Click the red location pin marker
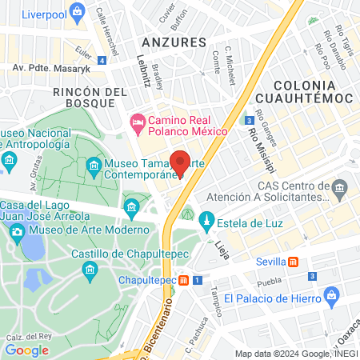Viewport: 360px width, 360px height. click(180, 162)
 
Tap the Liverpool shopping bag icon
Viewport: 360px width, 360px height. click(77, 11)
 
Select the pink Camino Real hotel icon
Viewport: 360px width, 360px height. click(136, 122)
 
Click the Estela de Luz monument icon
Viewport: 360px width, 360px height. click(206, 219)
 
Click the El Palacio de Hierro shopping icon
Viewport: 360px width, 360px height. click(333, 298)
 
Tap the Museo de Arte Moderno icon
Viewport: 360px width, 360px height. click(16, 231)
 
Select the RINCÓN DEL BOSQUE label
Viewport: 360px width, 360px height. click(90, 98)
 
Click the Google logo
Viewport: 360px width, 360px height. click(26, 350)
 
